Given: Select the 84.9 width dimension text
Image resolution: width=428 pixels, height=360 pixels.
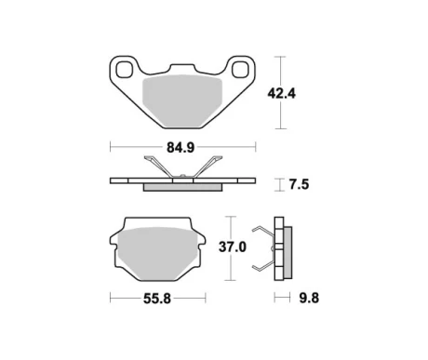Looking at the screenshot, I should click(182, 146).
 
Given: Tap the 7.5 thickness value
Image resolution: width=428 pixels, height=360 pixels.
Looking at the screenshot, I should click(299, 184).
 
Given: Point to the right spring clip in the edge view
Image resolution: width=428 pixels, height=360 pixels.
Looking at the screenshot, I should click(210, 167).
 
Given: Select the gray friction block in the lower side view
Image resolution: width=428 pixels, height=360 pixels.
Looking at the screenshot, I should click(287, 250).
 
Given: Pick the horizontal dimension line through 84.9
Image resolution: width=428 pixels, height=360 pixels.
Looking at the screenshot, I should click(140, 146).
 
